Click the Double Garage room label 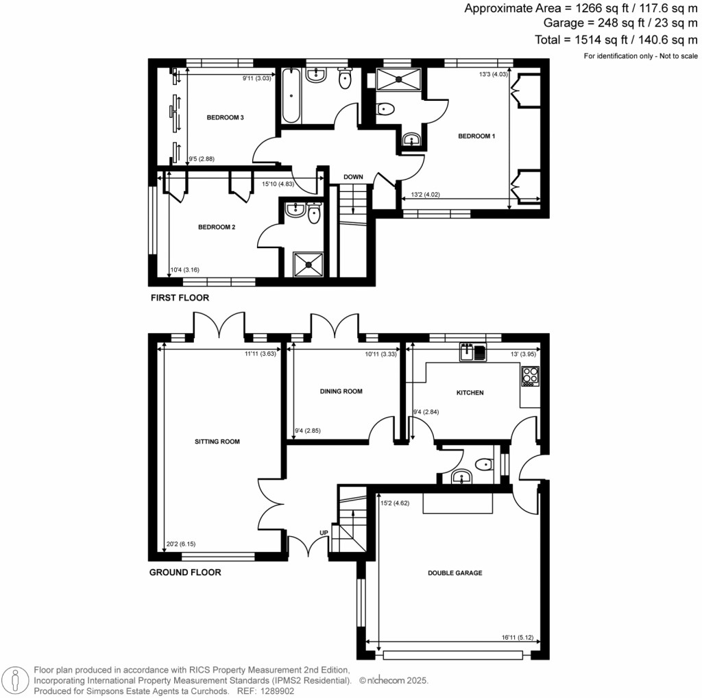pyautogui.click(x=455, y=573)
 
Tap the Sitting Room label pyautogui.click(x=217, y=442)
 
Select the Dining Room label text pyautogui.click(x=341, y=392)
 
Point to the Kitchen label pyautogui.click(x=470, y=393)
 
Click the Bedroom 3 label pyautogui.click(x=226, y=118)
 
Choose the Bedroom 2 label pyautogui.click(x=217, y=227)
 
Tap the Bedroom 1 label pyautogui.click(x=476, y=136)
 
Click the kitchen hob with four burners pyautogui.click(x=531, y=375)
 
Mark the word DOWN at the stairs pyautogui.click(x=353, y=177)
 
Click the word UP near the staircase pyautogui.click(x=324, y=533)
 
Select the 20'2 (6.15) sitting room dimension pyautogui.click(x=181, y=545)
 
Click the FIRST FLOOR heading pyautogui.click(x=180, y=298)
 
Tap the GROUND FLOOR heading pyautogui.click(x=185, y=572)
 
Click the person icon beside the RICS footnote pyautogui.click(x=16, y=679)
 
